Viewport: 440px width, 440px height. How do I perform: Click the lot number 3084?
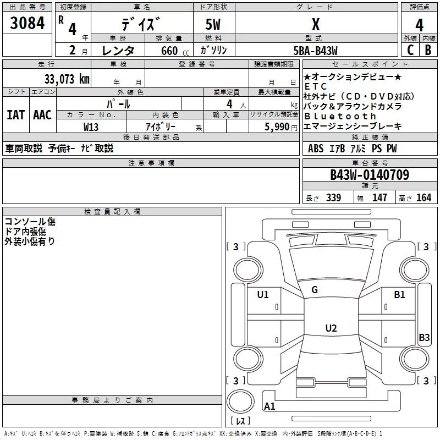pyautogui.click(x=28, y=24)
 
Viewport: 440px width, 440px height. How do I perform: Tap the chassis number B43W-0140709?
pyautogui.click(x=369, y=175)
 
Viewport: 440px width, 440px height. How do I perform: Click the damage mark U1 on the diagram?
pyautogui.click(x=263, y=295)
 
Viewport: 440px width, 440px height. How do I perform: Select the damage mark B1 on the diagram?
pyautogui.click(x=399, y=295)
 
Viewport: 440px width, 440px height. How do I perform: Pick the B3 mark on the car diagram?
pyautogui.click(x=424, y=338)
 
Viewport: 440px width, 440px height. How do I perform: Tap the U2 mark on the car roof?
pyautogui.click(x=331, y=328)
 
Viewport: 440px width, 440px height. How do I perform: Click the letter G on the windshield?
pyautogui.click(x=315, y=290)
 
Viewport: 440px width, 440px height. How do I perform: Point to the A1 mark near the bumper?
pyautogui.click(x=270, y=406)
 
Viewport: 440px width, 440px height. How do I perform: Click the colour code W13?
pyautogui.click(x=91, y=126)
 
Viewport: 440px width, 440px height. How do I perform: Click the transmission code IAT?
pyautogui.click(x=15, y=114)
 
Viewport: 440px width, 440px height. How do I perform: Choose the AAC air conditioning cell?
pyautogui.click(x=42, y=114)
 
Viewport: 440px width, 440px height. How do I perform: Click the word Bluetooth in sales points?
pyautogui.click(x=340, y=116)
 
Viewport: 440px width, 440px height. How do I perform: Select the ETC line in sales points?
pyautogui.click(x=316, y=86)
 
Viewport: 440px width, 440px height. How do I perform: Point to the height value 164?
pyautogui.click(x=424, y=197)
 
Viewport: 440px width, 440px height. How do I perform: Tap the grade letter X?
pyautogui.click(x=315, y=24)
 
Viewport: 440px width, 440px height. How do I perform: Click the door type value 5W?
pyautogui.click(x=214, y=24)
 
